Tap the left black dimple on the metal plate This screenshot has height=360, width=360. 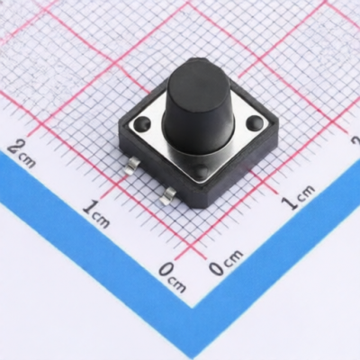point(142,123)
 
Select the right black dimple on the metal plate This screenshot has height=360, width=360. point(255,121)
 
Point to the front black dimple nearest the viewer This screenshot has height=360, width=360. point(202,170)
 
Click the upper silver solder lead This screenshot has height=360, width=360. point(134,166)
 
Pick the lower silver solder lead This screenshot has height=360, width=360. point(168,196)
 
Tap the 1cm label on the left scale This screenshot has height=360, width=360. point(96,214)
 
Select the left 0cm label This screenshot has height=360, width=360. point(172,277)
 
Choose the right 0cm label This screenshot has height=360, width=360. point(226,263)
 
